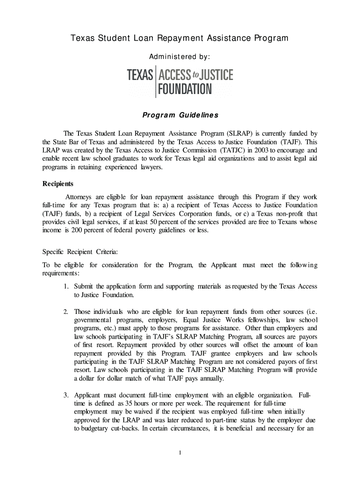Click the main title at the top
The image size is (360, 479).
click(x=180, y=38)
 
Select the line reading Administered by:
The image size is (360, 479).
click(x=180, y=57)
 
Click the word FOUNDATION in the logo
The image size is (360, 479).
click(x=185, y=89)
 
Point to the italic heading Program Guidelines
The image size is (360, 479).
click(x=180, y=115)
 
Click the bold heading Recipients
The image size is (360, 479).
click(x=58, y=184)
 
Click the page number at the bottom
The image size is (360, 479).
click(x=180, y=452)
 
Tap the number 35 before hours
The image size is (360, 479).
click(x=129, y=403)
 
